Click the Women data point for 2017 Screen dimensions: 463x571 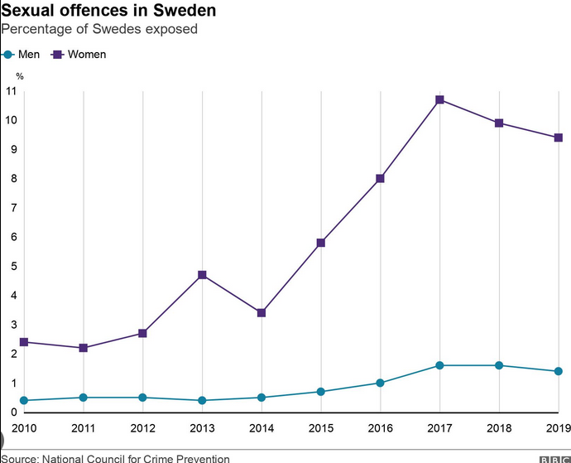coord(439,99)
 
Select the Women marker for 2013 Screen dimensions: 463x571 coord(202,275)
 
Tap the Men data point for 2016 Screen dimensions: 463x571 coord(380,383)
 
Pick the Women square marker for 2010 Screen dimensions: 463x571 coord(24,342)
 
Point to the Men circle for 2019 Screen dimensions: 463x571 coord(558,371)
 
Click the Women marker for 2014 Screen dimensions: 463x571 coord(262,312)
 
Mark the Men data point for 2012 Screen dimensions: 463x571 coord(142,398)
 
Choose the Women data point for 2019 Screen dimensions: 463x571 coord(558,137)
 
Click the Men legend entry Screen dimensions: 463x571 coord(22,55)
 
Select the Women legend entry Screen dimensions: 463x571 coord(79,55)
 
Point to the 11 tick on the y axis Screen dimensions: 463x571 coord(11,91)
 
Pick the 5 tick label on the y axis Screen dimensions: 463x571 coord(13,267)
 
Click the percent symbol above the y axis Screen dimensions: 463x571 coord(20,76)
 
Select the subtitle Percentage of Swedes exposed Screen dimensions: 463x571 coord(98,30)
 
